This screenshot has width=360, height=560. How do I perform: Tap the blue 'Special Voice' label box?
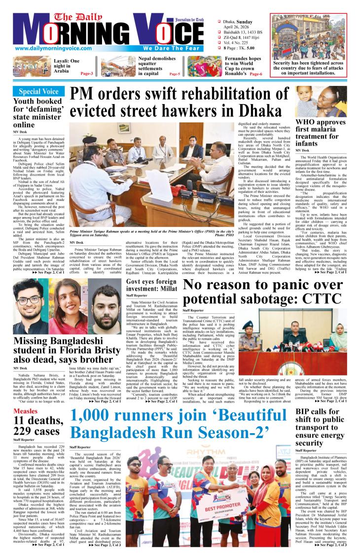[38, 91]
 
